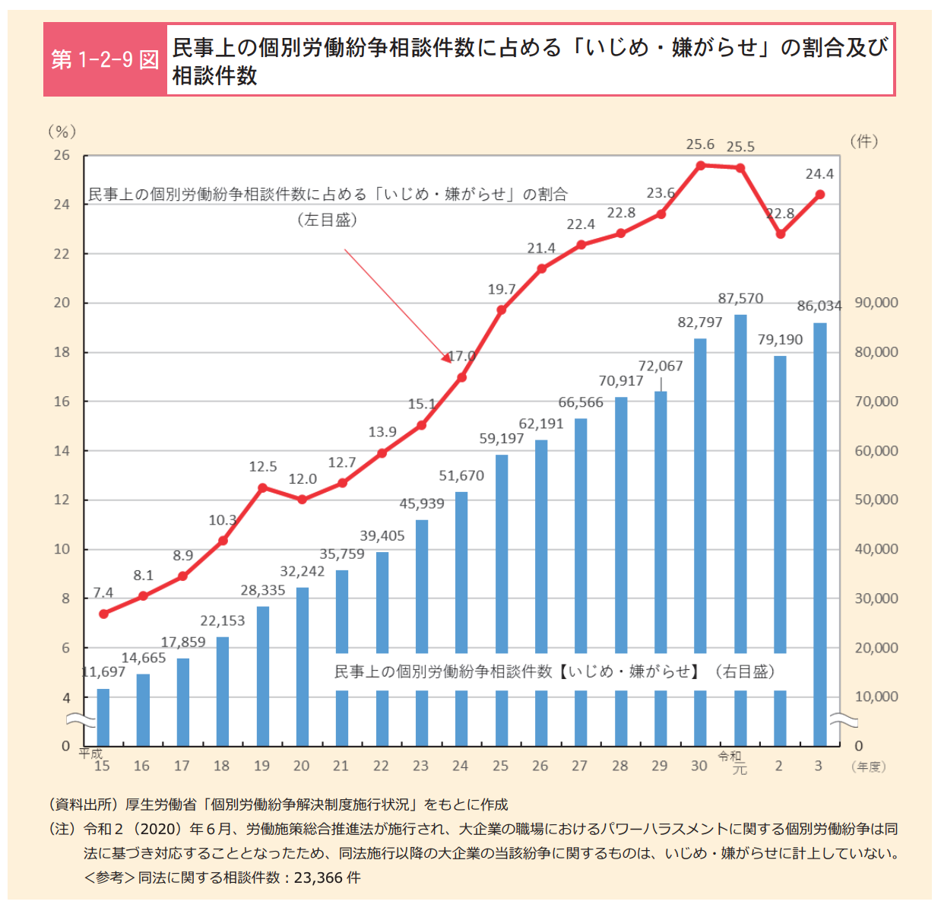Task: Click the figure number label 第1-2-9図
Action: pyautogui.click(x=105, y=59)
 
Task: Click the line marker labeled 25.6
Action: pyautogui.click(x=700, y=164)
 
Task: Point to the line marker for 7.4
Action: pyautogui.click(x=103, y=614)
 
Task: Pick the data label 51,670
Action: pyautogui.click(x=461, y=476)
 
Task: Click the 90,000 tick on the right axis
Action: pyautogui.click(x=876, y=303)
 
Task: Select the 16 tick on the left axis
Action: pyautogui.click(x=62, y=401)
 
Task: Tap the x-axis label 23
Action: pyautogui.click(x=421, y=766)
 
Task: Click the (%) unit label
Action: pyautogui.click(x=62, y=132)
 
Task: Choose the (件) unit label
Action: pyautogui.click(x=864, y=141)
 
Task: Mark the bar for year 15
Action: pyautogui.click(x=103, y=716)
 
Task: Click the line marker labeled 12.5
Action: pyautogui.click(x=262, y=487)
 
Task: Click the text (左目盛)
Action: pyautogui.click(x=327, y=221)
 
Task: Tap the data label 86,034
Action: pyautogui.click(x=819, y=306)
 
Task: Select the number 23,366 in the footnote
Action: pyautogui.click(x=318, y=878)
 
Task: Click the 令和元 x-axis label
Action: pyautogui.click(x=733, y=762)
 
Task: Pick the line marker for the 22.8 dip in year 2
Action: pyautogui.click(x=780, y=234)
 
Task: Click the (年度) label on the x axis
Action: pyautogui.click(x=869, y=767)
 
